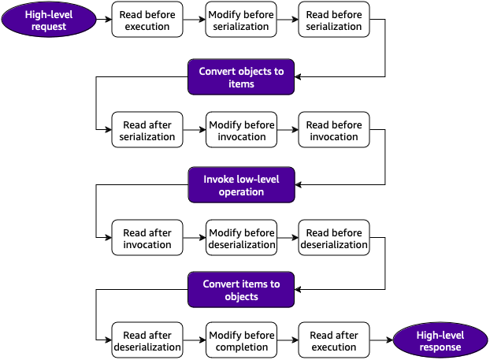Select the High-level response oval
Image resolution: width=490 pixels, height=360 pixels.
[x=440, y=340]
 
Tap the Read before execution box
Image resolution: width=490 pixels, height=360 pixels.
[x=147, y=20]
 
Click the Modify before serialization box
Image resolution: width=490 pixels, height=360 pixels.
[x=241, y=20]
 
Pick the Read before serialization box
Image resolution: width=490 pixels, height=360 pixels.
[x=334, y=20]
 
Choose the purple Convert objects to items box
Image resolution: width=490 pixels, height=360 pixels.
[x=240, y=76]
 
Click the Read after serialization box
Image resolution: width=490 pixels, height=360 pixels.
[x=147, y=131]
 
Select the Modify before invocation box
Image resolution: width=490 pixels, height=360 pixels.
[x=241, y=131]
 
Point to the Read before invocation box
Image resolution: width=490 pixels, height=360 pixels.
[x=334, y=131]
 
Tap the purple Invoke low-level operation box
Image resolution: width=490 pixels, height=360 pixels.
[x=240, y=185]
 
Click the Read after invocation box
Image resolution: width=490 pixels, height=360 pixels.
[x=147, y=239]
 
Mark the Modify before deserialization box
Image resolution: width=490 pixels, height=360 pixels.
[x=241, y=239]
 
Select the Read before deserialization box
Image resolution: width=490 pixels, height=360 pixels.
[x=334, y=239]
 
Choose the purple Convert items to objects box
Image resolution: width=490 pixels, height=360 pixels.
[x=240, y=291]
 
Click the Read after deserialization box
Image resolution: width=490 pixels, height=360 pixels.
[x=147, y=340]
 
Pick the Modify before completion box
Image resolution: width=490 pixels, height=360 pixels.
[x=241, y=340]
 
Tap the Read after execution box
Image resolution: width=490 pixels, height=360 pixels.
[x=334, y=340]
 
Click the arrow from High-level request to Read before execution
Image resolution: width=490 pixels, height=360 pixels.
[x=102, y=20]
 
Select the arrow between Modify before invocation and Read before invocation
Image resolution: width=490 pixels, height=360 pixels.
[x=288, y=131]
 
